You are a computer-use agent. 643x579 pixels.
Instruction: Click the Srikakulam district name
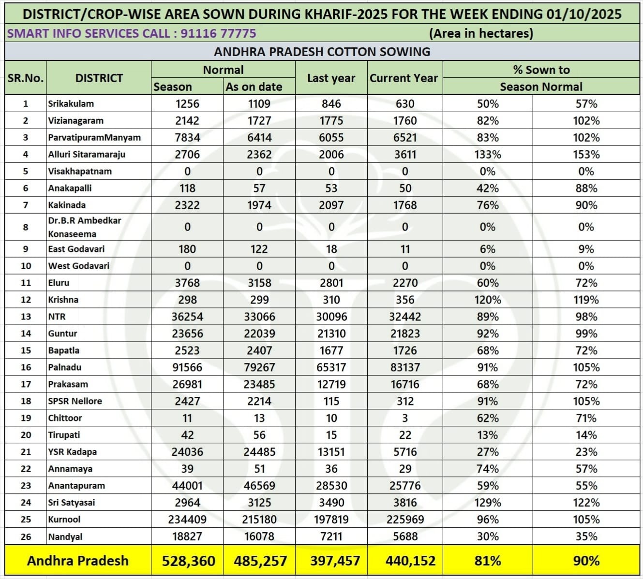pos(71,103)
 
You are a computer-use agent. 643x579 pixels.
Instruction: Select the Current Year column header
pos(404,78)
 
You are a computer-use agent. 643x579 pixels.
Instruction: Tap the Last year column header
pos(331,78)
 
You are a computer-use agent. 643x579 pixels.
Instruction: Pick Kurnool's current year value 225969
pos(405,520)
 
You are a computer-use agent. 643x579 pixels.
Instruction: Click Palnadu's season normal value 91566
pos(187,367)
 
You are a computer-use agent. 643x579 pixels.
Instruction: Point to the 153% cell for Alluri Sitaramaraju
pos(586,155)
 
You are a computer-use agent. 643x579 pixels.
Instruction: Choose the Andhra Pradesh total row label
pos(78,561)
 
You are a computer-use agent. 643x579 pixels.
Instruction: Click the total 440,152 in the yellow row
pos(410,561)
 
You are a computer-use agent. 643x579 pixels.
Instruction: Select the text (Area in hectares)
pos(481,33)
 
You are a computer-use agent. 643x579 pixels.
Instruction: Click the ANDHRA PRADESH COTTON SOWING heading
pos(322,52)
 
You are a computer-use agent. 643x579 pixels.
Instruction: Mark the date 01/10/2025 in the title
pos(583,14)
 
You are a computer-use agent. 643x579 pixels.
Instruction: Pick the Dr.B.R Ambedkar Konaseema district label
pos(84,227)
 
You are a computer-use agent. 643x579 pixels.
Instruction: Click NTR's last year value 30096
pos(331,317)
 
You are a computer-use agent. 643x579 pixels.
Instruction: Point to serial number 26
pos(26,536)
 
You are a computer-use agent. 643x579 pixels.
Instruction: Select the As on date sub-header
pos(254,87)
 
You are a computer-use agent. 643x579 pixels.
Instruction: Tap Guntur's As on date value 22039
pos(259,333)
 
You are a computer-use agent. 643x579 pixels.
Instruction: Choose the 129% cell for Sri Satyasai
pos(488,503)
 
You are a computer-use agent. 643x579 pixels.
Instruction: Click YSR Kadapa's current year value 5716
pos(405,452)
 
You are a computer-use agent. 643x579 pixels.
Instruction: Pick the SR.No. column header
pos(26,78)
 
